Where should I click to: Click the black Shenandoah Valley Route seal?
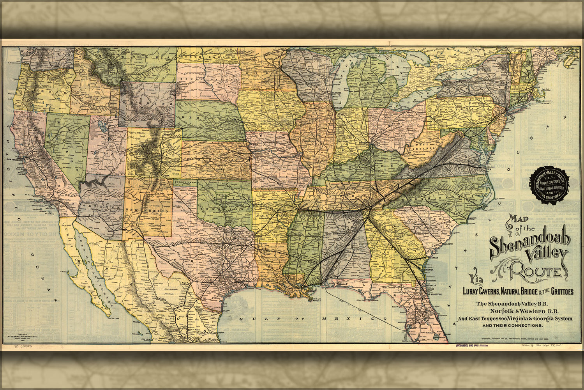[x=549, y=184]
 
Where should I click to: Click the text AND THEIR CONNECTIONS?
[x=512, y=325]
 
